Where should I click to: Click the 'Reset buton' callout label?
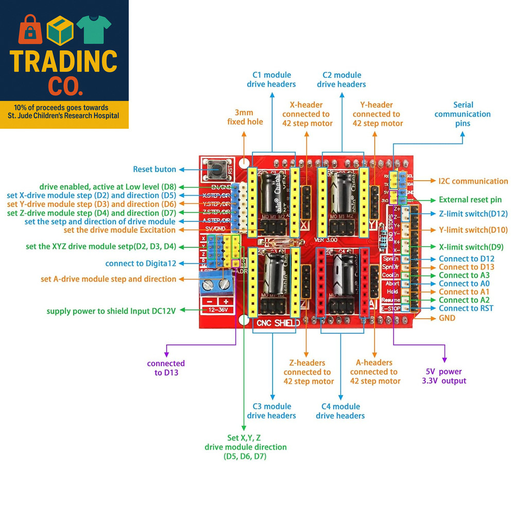(154, 169)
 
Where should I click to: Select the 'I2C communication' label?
(473, 181)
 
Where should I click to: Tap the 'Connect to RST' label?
(466, 308)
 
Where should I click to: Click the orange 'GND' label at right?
(447, 318)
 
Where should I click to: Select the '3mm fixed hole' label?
(245, 117)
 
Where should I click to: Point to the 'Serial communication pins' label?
(462, 114)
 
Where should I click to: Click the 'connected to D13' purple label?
(166, 368)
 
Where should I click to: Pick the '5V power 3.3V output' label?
(443, 376)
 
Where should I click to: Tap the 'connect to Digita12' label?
(141, 263)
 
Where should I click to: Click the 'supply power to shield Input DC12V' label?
(111, 311)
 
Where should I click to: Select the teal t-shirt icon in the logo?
(94, 29)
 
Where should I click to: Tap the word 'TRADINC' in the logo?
(64, 61)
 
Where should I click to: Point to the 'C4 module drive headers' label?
(340, 411)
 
